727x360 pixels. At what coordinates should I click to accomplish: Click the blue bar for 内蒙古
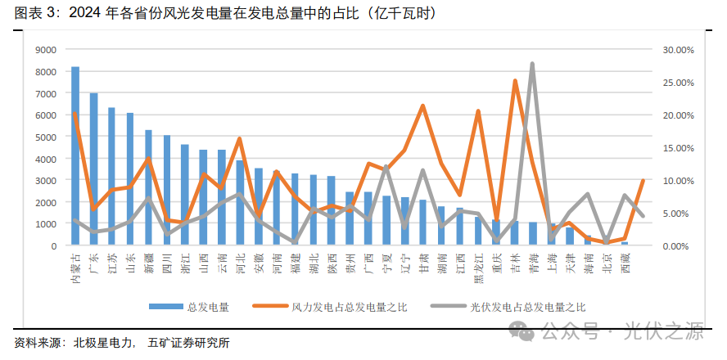[75, 155]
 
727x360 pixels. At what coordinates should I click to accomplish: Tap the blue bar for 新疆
[148, 187]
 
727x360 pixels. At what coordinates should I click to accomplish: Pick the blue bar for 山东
[130, 179]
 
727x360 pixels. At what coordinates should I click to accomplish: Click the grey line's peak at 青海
[532, 63]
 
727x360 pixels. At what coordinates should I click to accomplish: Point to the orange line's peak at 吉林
[515, 80]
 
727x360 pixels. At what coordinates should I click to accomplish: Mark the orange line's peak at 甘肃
[422, 106]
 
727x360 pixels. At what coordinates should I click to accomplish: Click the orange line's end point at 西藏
[643, 180]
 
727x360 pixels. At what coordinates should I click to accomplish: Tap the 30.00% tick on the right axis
[678, 49]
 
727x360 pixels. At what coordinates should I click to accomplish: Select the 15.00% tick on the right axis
[678, 147]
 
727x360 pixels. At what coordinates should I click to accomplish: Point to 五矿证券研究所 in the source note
[189, 343]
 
